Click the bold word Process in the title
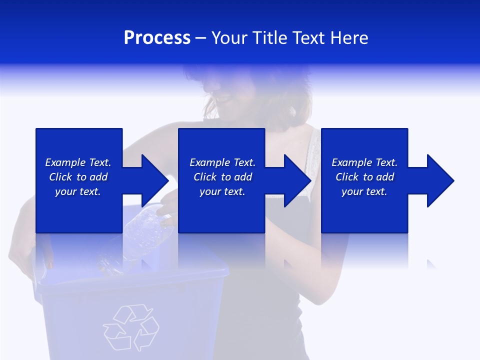[x=157, y=38]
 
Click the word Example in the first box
[x=65, y=162]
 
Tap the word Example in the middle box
[x=209, y=162]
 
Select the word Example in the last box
[x=351, y=162]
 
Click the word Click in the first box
[x=60, y=177]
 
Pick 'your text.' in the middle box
[x=222, y=191]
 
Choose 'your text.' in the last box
[x=364, y=191]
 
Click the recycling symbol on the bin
[x=131, y=327]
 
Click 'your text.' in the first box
[x=77, y=191]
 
